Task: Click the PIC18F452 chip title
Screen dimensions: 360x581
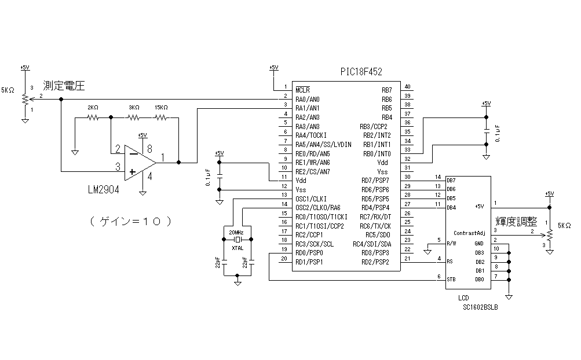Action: pos(361,72)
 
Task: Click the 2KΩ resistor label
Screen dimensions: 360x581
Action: pos(93,108)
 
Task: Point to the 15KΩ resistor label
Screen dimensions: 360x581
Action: pos(161,108)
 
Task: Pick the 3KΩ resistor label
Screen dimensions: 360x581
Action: pos(134,108)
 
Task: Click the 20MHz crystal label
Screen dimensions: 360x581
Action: pos(236,232)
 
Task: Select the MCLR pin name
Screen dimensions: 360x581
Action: pos(302,90)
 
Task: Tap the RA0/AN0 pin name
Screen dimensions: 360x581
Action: pos(308,99)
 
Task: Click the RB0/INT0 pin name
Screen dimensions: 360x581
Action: pos(377,153)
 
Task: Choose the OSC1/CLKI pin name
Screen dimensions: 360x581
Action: pos(311,199)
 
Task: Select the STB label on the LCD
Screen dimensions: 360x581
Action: pos(452,280)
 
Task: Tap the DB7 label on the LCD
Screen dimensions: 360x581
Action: pos(452,181)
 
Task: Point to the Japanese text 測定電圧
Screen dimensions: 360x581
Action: pos(64,87)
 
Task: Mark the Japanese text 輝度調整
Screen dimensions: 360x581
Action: pos(516,222)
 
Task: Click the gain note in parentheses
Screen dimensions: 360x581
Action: pos(133,221)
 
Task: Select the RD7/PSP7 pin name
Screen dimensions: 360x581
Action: pos(375,181)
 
